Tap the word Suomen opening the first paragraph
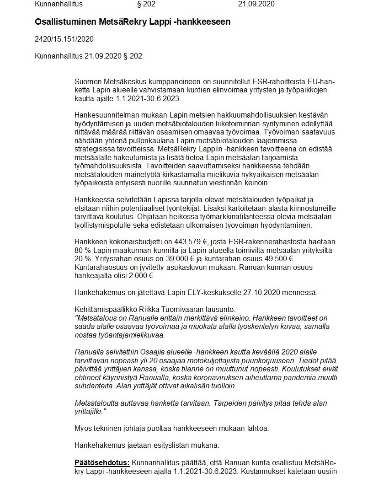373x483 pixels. (86, 81)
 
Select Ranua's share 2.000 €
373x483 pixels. (141, 276)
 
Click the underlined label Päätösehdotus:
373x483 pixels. (102, 462)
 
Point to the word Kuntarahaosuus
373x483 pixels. (99, 268)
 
